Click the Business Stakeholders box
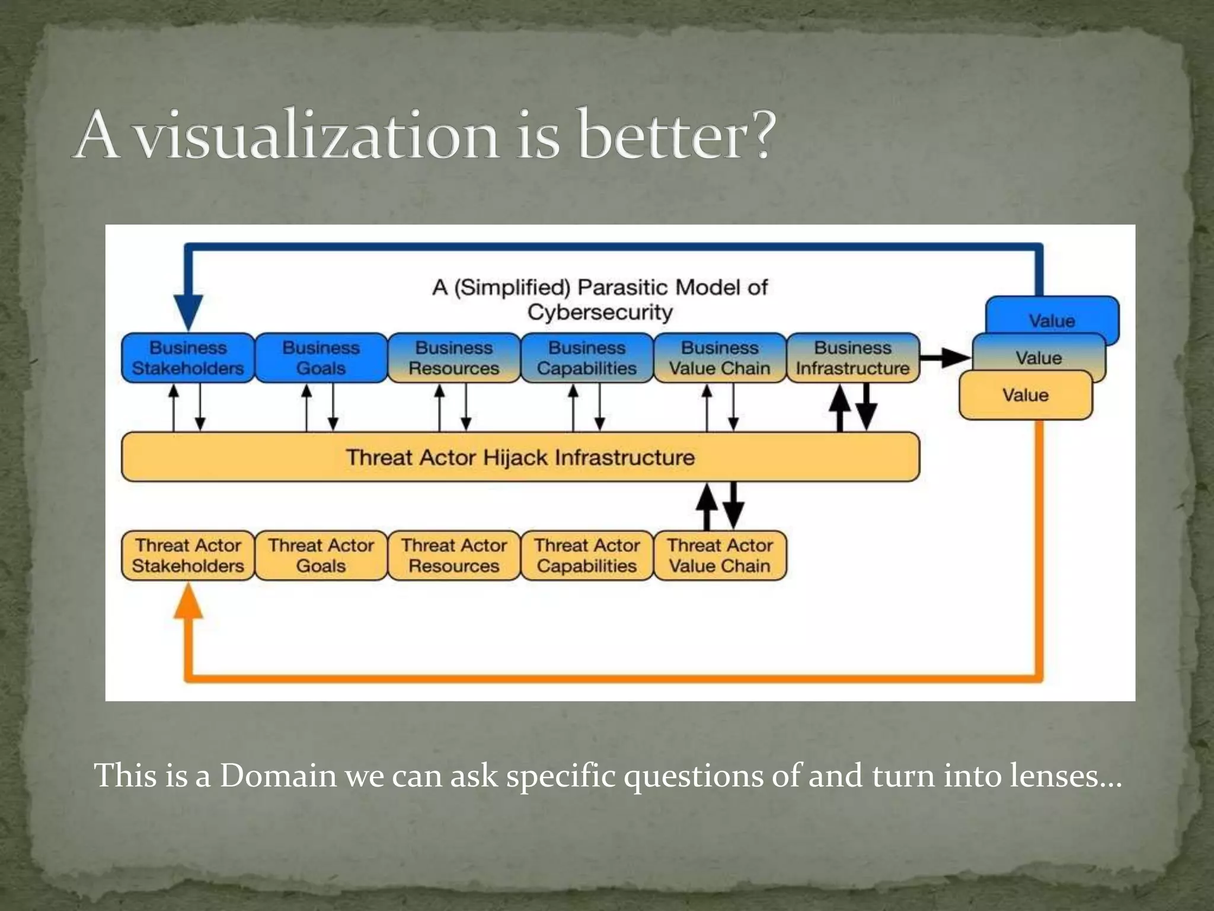point(188,358)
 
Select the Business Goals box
point(321,358)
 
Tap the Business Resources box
point(453,358)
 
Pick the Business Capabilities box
point(587,358)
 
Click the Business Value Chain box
point(720,358)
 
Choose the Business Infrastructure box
point(852,358)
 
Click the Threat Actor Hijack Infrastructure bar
point(520,457)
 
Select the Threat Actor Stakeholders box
point(188,555)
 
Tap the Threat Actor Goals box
point(321,555)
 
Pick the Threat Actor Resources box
point(453,555)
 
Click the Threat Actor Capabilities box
point(587,555)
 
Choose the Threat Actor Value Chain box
point(720,555)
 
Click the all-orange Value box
point(1025,396)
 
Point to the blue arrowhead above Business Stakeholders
point(189,311)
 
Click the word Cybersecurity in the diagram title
point(600,312)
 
